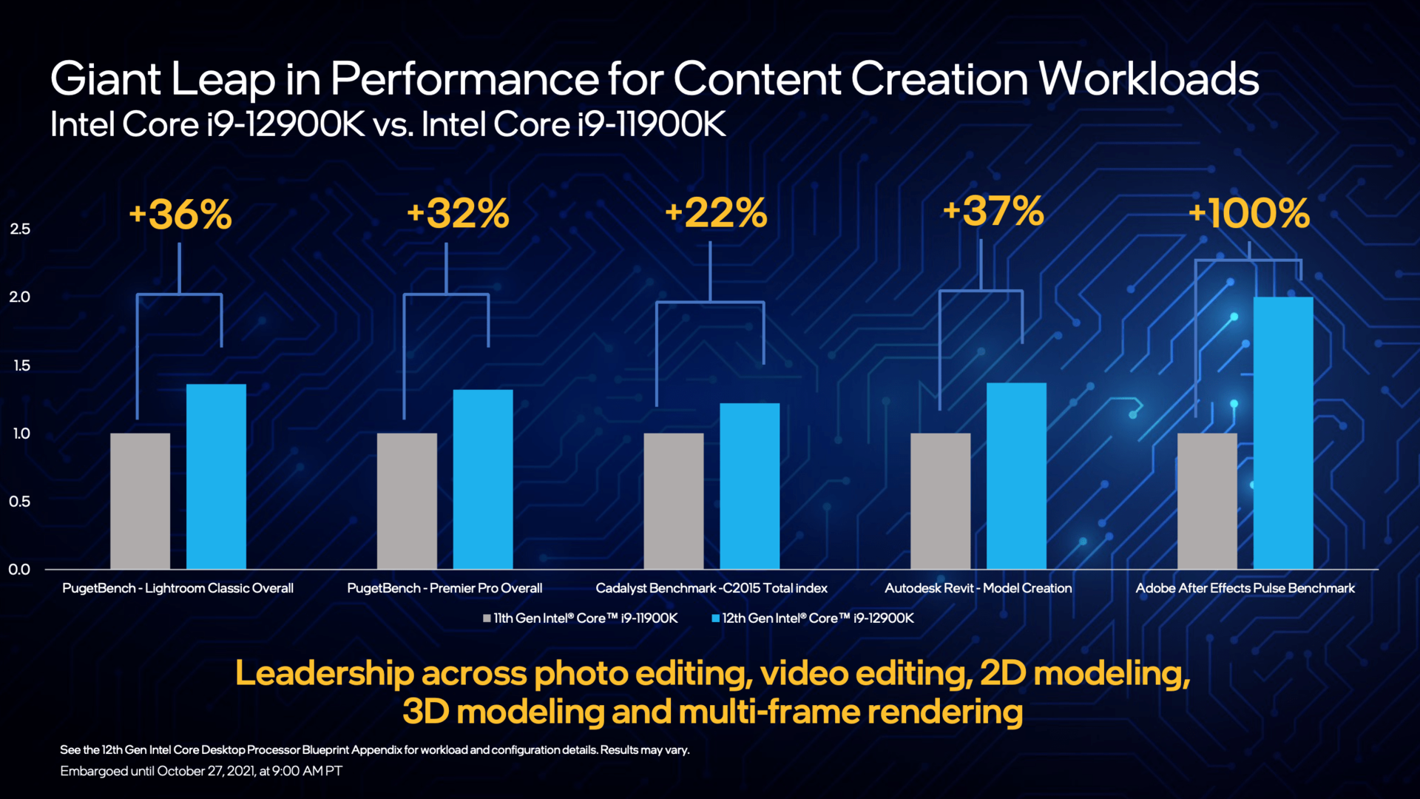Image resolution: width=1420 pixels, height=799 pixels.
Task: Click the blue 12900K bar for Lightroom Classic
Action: (216, 476)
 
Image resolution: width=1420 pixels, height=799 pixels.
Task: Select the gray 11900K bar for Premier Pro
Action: (407, 501)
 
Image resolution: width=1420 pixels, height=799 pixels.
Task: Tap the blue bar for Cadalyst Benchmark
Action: (749, 486)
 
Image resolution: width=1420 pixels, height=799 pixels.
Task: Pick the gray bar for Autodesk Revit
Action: (940, 501)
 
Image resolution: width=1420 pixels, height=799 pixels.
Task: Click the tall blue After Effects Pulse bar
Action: (1283, 433)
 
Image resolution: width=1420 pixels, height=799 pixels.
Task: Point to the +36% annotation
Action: (180, 215)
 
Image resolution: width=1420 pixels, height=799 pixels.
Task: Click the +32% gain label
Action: (459, 213)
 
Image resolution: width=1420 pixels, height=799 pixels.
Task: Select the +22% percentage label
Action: (716, 213)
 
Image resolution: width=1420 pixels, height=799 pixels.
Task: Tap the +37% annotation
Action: (993, 211)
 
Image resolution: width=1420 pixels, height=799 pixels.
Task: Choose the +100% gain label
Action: (1249, 213)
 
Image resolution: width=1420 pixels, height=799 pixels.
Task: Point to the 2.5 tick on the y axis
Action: (20, 229)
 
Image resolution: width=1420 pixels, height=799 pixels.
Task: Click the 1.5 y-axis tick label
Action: (21, 365)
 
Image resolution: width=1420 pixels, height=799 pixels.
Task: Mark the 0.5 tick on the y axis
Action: (20, 502)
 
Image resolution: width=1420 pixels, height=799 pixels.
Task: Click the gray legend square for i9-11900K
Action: (487, 618)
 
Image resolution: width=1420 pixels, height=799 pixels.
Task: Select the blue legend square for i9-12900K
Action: (715, 618)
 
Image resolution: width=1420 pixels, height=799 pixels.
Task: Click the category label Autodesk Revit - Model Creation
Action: (978, 588)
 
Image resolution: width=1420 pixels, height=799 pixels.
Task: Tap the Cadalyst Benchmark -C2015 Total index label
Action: (711, 588)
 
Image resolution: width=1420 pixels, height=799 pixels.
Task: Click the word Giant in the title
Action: (106, 79)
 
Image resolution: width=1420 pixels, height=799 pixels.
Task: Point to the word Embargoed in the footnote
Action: (94, 771)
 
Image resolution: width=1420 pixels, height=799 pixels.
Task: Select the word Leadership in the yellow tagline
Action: (324, 673)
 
